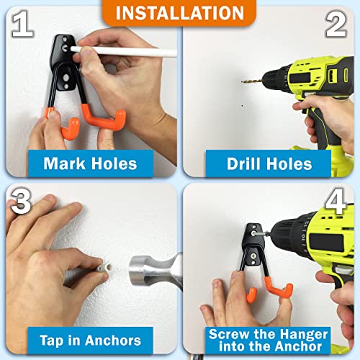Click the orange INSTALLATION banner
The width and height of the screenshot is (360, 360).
coord(179,13)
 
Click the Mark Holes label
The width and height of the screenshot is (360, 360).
coord(89,163)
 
